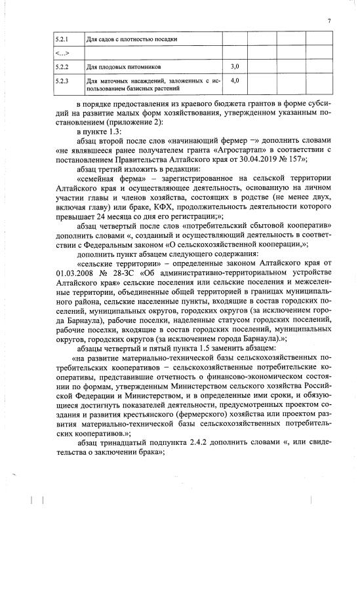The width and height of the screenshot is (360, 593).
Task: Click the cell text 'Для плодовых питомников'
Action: coord(122,67)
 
